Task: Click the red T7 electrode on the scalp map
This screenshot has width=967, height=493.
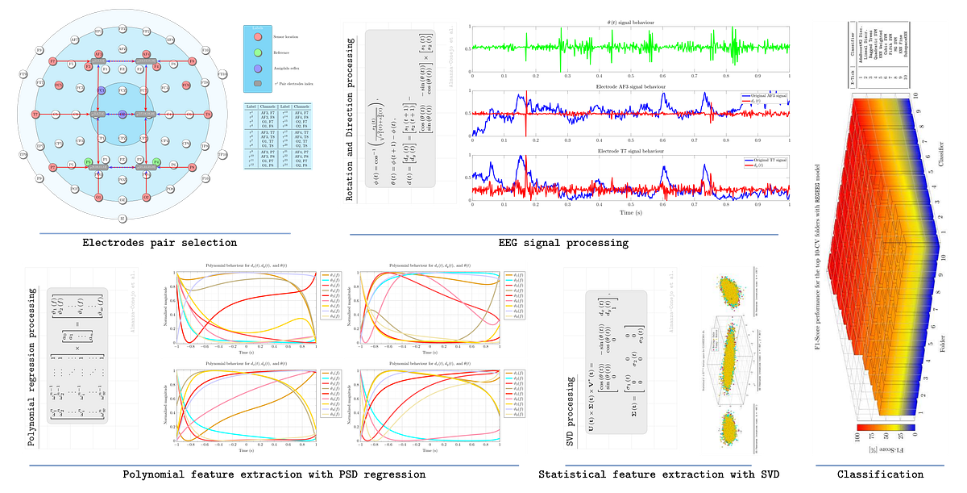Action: [35, 114]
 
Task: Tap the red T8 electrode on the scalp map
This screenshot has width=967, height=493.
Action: [208, 114]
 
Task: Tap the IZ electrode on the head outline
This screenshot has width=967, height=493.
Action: [122, 219]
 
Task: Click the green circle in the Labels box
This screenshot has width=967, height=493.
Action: [257, 54]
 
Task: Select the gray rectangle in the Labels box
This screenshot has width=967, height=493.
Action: [257, 83]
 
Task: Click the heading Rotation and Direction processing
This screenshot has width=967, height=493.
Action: [351, 113]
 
